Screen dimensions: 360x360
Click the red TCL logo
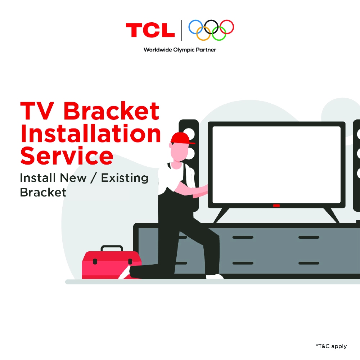click(x=150, y=30)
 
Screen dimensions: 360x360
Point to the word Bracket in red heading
click(x=111, y=111)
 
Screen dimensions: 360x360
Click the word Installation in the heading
click(x=91, y=134)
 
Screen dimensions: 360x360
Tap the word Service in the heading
click(x=67, y=156)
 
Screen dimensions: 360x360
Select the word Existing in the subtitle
click(x=125, y=178)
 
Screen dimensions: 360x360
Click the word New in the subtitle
click(x=73, y=178)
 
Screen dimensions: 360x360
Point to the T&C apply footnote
click(x=331, y=346)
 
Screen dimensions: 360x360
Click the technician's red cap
click(x=181, y=138)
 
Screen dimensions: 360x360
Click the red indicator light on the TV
click(x=276, y=206)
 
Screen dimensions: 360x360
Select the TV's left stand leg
click(x=221, y=215)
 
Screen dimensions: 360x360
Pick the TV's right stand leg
click(x=331, y=215)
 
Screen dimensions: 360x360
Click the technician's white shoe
click(x=215, y=276)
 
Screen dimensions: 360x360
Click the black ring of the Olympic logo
click(x=205, y=27)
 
